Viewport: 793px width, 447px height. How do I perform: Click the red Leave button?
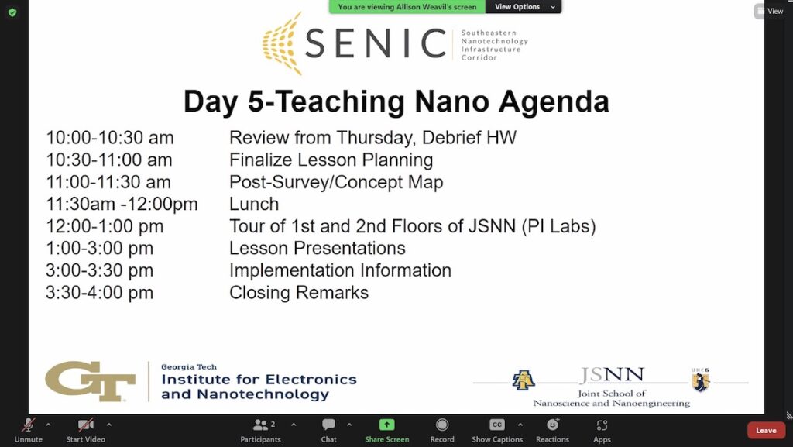click(766, 431)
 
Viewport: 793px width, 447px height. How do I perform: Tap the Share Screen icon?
click(386, 425)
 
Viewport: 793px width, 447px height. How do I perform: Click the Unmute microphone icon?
click(28, 425)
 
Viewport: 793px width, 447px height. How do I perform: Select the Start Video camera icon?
click(85, 425)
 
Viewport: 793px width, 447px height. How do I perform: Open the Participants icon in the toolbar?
click(260, 425)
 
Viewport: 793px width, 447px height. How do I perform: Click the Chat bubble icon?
click(329, 425)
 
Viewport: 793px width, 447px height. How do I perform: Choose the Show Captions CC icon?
click(497, 425)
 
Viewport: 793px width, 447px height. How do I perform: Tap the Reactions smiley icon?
click(552, 425)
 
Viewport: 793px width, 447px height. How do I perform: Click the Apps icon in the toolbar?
click(602, 425)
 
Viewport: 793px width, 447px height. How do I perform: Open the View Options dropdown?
click(524, 7)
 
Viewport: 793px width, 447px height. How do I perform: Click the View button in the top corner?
click(770, 11)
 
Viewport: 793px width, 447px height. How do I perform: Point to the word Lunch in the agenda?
click(254, 205)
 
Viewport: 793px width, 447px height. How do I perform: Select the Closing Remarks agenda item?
click(299, 293)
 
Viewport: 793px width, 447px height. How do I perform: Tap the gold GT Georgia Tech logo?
click(91, 381)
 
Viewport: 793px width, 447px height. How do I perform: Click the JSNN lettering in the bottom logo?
click(612, 377)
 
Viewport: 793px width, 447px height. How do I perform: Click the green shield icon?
click(12, 12)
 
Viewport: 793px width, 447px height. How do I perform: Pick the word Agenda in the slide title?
click(553, 102)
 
